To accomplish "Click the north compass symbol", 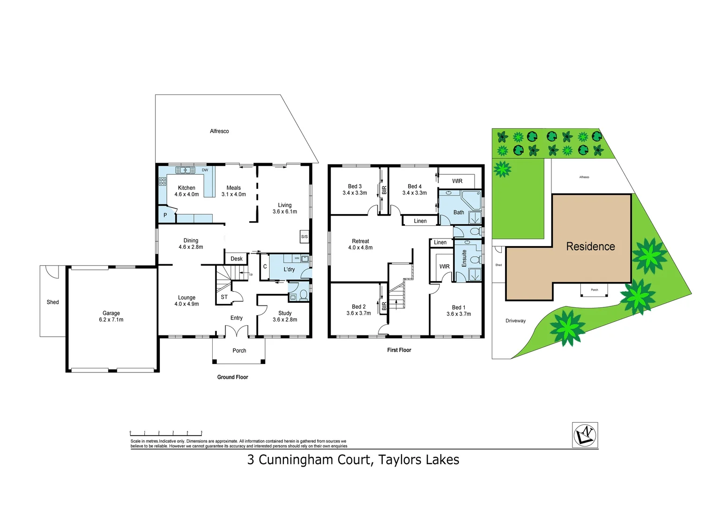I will coord(585,435).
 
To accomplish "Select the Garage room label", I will coord(111,313).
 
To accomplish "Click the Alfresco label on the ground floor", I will coord(219,131).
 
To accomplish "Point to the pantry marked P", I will coord(165,216).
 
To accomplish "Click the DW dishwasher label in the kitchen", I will coord(205,170).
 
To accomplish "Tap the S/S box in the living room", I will coord(304,237).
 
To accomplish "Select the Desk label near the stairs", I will coord(237,259).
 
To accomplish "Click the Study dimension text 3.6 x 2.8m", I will coord(285,320).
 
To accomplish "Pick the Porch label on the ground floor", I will coord(239,350).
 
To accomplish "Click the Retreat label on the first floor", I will coord(360,241).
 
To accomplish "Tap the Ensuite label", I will coord(464,258).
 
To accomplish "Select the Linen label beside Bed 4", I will coord(420,221).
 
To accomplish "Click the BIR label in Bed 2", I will coord(384,306).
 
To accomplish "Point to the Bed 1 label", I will coord(459,307).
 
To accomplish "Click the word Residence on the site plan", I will coord(590,246).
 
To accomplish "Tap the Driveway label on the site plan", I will coord(515,321).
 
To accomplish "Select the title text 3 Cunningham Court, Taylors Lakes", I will coord(353,460).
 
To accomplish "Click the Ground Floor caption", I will coord(232,377).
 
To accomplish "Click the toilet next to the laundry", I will coord(303,295).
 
